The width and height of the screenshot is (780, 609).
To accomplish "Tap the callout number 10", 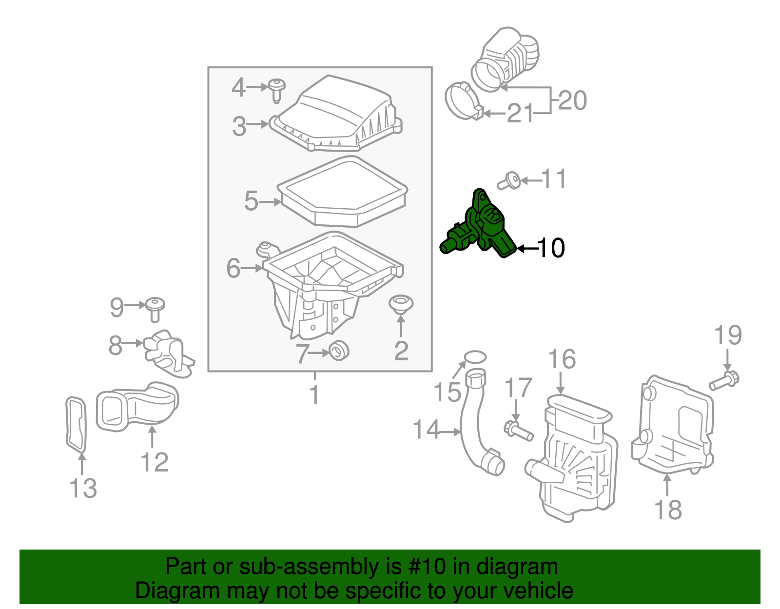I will [x=550, y=248].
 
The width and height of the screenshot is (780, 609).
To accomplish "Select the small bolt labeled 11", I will [x=508, y=181].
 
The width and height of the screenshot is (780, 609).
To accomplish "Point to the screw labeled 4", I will [x=277, y=90].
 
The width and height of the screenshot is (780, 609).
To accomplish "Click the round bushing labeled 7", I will [x=339, y=351].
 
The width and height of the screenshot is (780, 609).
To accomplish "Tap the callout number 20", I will [x=572, y=100].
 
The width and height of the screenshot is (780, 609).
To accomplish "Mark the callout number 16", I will [x=562, y=359].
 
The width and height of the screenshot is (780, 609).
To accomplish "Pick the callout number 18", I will [x=667, y=510].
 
